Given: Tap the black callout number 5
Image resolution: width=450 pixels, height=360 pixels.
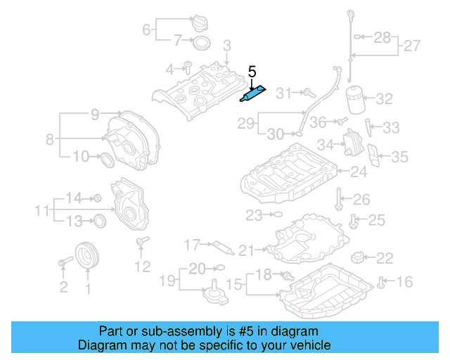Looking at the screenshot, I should coord(252,72).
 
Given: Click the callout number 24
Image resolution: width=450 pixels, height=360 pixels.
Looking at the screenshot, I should coord(359,171).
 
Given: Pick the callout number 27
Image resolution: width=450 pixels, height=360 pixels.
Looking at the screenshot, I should coord(411,47).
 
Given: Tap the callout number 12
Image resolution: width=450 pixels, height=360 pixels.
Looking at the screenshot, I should coord(143,266).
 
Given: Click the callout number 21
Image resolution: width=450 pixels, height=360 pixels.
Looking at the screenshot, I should coord(245,249).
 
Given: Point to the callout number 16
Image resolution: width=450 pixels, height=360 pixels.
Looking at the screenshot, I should coord(404,282).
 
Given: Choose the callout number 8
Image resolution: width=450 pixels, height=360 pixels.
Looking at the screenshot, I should coord(50,139).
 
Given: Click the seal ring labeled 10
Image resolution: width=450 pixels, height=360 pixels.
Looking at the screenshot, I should coord(106,159).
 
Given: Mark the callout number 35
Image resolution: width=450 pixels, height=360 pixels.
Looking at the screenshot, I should coord(399,156).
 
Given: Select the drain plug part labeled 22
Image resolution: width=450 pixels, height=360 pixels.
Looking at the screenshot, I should coord(359,257).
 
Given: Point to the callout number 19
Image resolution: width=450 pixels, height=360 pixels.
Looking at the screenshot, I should coord(166,281).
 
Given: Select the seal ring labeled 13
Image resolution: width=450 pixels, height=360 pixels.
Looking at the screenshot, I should coord(100,221).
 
